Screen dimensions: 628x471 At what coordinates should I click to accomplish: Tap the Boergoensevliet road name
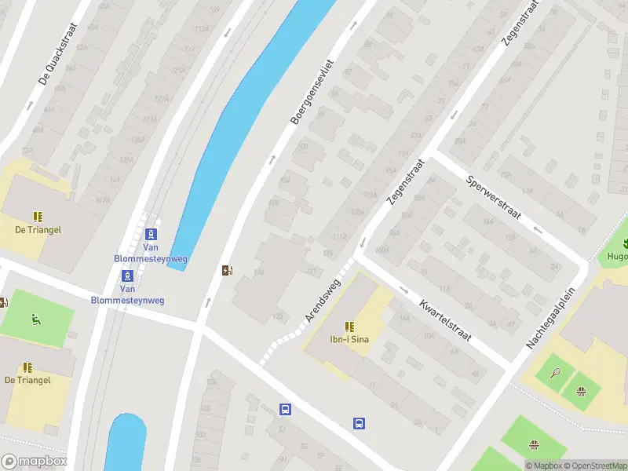tap(312, 92)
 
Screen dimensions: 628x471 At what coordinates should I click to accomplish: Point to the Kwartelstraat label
tap(444, 320)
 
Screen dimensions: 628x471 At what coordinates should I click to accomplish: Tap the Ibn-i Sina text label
tap(349, 339)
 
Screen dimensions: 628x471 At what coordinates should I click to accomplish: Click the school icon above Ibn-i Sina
tap(349, 326)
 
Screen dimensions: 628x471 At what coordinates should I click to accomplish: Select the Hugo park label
tap(617, 257)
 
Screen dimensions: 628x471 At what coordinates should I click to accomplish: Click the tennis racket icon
tap(556, 371)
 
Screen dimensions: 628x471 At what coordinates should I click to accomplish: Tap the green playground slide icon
tap(35, 319)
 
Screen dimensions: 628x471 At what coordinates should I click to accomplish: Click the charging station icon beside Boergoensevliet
tap(228, 271)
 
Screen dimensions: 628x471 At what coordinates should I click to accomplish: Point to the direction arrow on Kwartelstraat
tap(403, 290)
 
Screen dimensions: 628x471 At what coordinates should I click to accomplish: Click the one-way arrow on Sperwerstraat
tap(537, 230)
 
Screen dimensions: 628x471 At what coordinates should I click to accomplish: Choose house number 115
tap(328, 254)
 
